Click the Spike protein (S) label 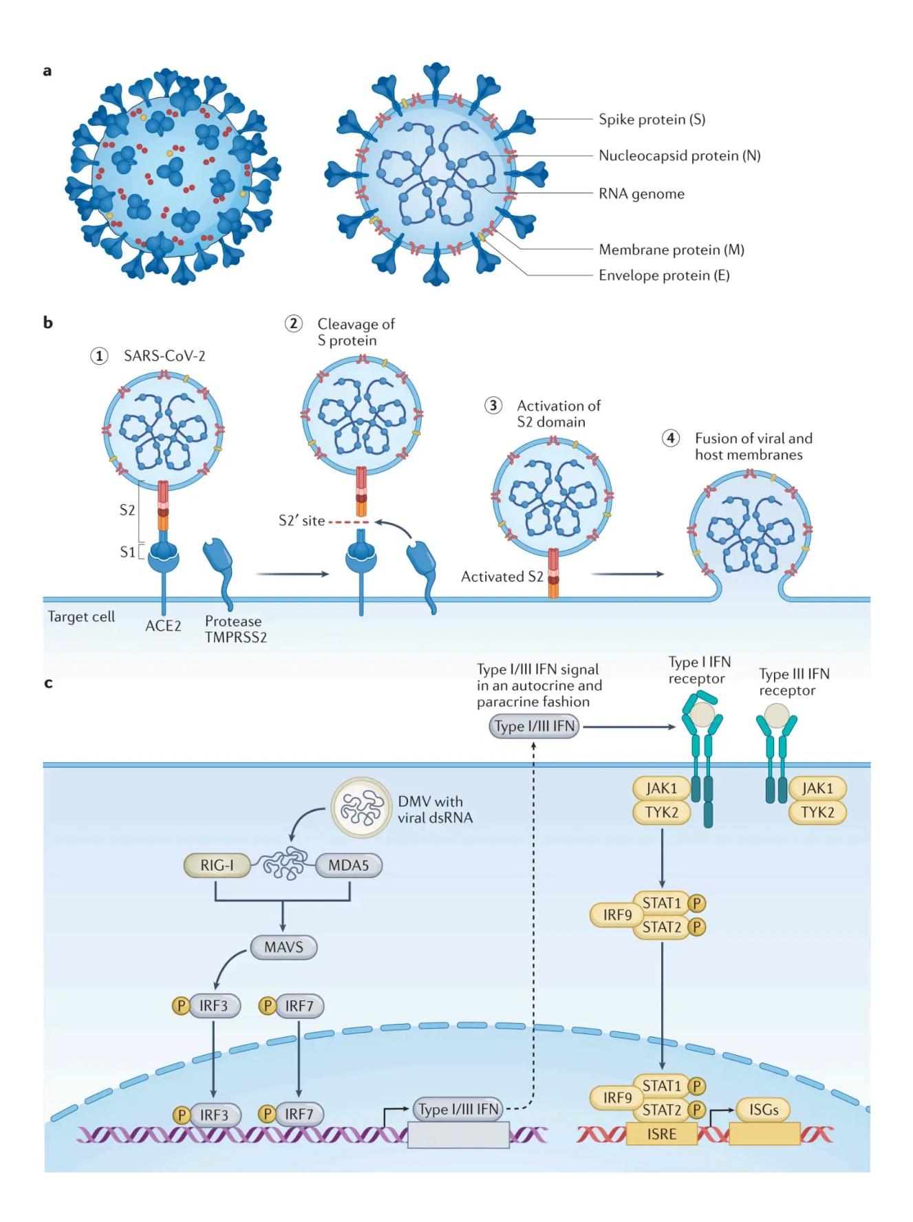click(x=651, y=119)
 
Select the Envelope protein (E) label click(x=663, y=275)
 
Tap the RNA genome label click(x=641, y=193)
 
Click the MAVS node click(x=283, y=947)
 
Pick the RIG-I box click(x=217, y=865)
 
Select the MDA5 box click(x=348, y=865)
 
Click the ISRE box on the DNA click(x=661, y=1134)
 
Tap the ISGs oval click(x=763, y=1110)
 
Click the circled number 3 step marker click(x=493, y=405)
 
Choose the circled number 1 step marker click(x=100, y=356)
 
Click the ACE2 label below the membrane click(x=163, y=626)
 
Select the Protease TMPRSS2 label click(x=235, y=629)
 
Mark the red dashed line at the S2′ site click(x=348, y=522)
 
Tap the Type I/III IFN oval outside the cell click(x=534, y=727)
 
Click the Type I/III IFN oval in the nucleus click(x=458, y=1109)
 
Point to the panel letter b click(x=47, y=322)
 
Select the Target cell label click(x=81, y=617)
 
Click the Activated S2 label click(x=502, y=577)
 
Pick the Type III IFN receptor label click(x=794, y=682)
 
